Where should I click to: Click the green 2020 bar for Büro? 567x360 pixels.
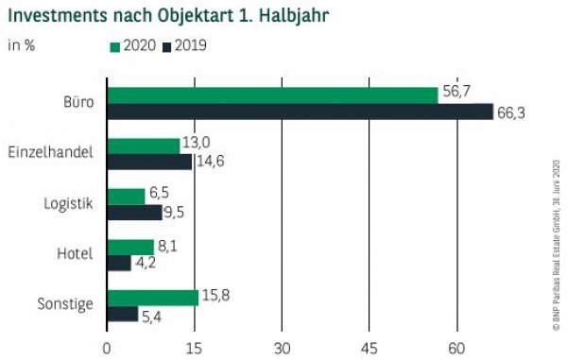click(x=272, y=95)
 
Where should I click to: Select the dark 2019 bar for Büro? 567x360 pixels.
click(x=300, y=111)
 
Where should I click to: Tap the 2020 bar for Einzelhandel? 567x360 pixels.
click(x=144, y=146)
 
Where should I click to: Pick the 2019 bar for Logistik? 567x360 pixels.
click(x=134, y=213)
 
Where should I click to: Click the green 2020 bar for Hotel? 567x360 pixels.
click(x=130, y=247)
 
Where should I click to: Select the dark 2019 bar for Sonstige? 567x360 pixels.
click(x=123, y=314)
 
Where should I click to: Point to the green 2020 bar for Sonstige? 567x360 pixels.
click(x=153, y=298)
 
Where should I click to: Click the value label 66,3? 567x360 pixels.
click(x=511, y=113)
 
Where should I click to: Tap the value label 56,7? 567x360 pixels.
click(x=455, y=92)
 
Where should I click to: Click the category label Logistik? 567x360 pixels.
click(x=69, y=204)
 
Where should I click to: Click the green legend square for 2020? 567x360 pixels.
click(x=115, y=44)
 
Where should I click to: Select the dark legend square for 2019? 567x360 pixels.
click(x=168, y=44)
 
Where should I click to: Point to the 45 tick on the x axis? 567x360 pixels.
click(x=369, y=346)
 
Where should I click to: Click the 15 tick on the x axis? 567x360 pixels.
click(x=194, y=346)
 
